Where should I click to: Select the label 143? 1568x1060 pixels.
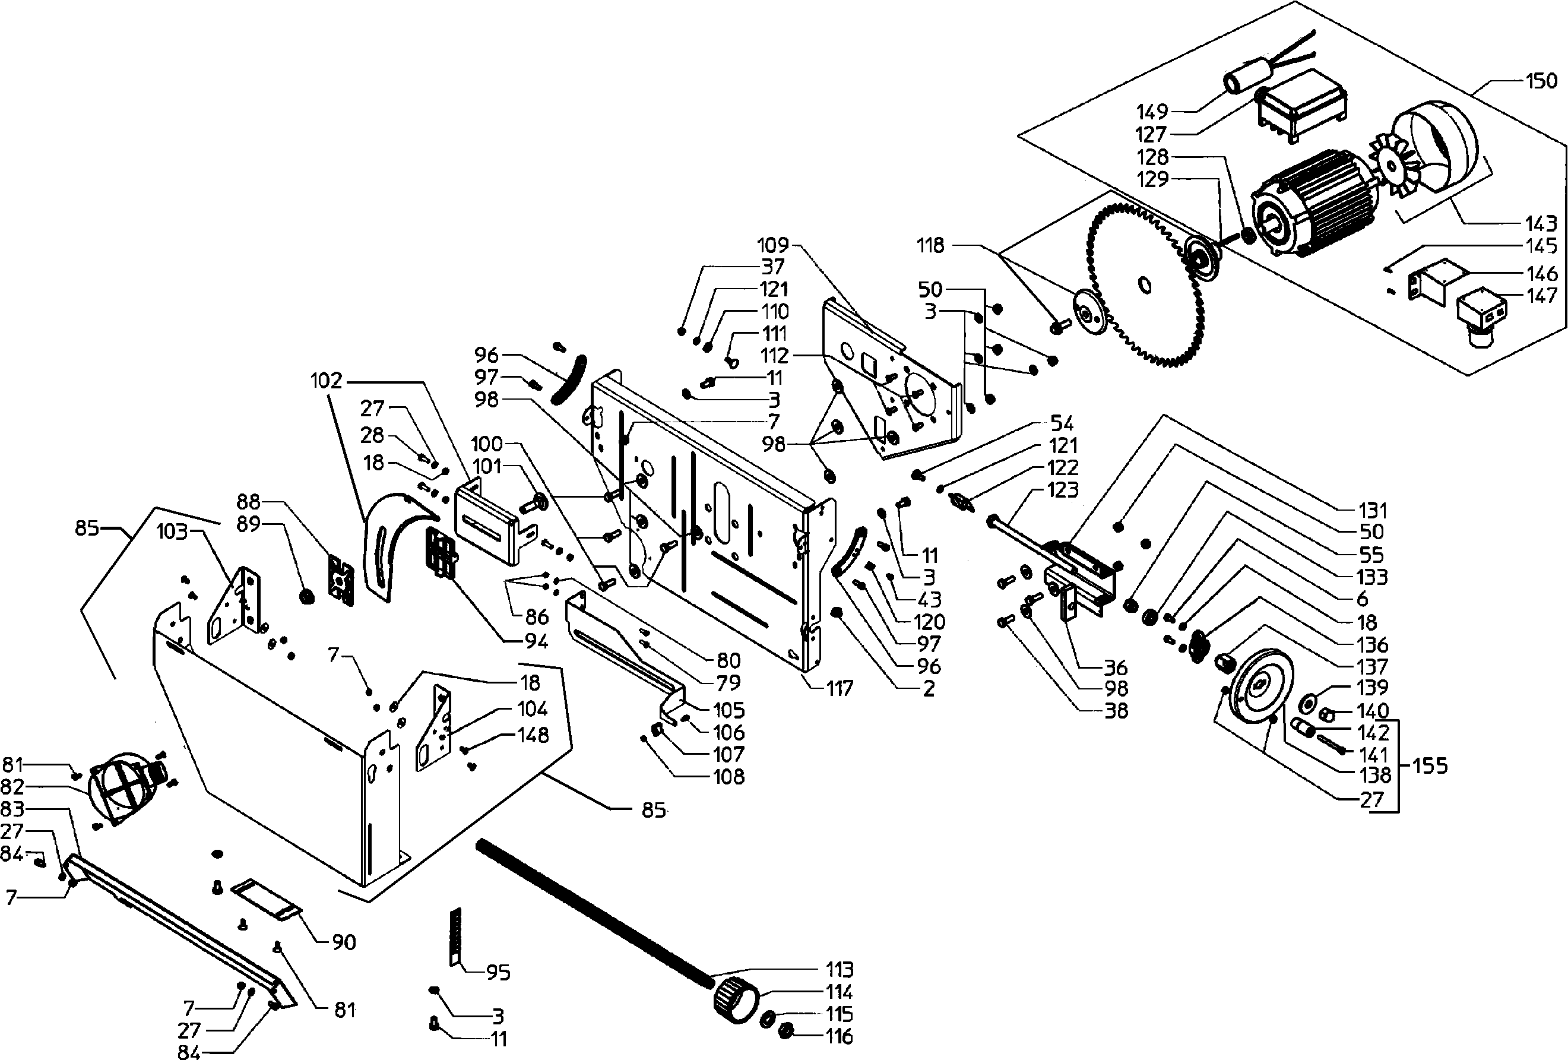pos(1541,223)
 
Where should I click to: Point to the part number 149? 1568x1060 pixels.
pos(1152,111)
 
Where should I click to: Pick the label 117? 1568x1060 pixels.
pos(840,688)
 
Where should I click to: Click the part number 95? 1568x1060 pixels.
pos(498,972)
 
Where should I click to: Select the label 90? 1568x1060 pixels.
pos(344,942)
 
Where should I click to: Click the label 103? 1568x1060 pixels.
pos(172,531)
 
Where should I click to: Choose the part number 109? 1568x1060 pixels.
pos(773,244)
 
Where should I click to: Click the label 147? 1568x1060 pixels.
pos(1541,296)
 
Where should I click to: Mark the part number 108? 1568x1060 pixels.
pos(728,777)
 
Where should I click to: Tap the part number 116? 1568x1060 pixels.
pos(840,1036)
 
